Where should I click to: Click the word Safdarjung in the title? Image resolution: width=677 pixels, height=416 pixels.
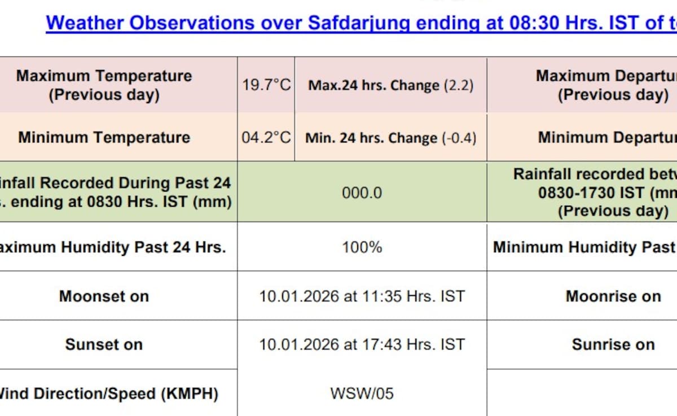359,23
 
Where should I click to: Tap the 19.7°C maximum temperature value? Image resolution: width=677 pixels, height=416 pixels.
266,85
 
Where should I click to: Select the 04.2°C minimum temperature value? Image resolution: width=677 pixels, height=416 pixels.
266,138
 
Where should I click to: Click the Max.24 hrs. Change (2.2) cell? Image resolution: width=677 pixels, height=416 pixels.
391,86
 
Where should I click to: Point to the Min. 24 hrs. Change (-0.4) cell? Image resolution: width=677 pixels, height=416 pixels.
391,138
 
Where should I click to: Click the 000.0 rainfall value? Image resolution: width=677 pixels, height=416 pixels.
362,193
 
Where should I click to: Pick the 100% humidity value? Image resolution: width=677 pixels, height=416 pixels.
362,247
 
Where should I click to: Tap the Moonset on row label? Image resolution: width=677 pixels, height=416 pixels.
104,296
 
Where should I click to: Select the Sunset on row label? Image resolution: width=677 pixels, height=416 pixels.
104,344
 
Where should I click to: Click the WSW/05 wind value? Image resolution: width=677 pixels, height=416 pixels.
362,393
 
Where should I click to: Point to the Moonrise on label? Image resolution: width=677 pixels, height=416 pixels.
614,296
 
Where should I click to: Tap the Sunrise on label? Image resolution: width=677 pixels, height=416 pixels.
614,344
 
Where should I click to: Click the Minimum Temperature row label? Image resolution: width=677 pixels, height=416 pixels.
104,138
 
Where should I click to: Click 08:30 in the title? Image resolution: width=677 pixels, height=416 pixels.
534,23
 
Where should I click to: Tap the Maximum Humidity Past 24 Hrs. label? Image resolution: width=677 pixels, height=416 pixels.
112,247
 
